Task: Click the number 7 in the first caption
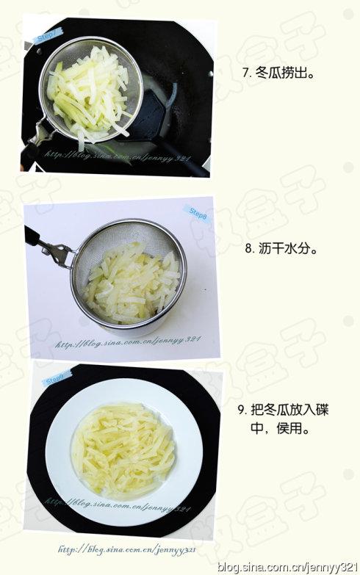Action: [245, 73]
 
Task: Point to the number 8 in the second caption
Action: [248, 249]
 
